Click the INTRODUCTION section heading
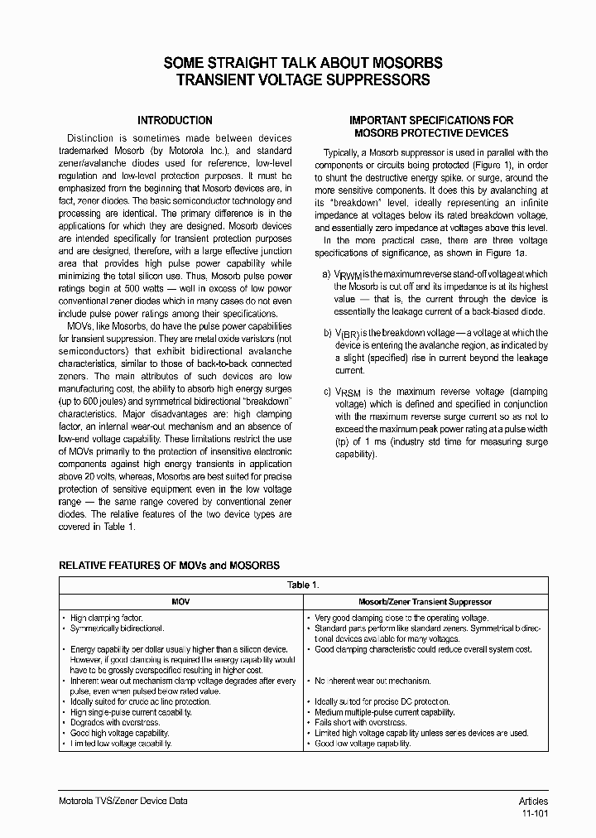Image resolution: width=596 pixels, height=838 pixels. [x=175, y=120]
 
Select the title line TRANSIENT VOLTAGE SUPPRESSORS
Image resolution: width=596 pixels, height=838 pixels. [x=297, y=80]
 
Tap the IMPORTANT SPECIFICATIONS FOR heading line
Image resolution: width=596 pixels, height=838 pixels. [x=431, y=120]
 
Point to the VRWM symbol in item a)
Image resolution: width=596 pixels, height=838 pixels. [x=348, y=274]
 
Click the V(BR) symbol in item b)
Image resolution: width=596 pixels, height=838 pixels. [x=348, y=333]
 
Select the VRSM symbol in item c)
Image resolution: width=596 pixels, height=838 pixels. [x=348, y=392]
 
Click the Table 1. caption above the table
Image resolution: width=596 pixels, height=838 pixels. [x=303, y=585]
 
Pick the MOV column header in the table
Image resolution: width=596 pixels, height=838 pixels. [x=180, y=602]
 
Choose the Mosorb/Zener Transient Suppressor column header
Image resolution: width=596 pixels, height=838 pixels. [x=425, y=602]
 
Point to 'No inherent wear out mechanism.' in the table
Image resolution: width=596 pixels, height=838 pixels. [x=372, y=681]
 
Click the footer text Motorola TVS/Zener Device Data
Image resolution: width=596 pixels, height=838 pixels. [x=123, y=801]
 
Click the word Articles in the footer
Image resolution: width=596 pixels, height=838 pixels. [x=533, y=801]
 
